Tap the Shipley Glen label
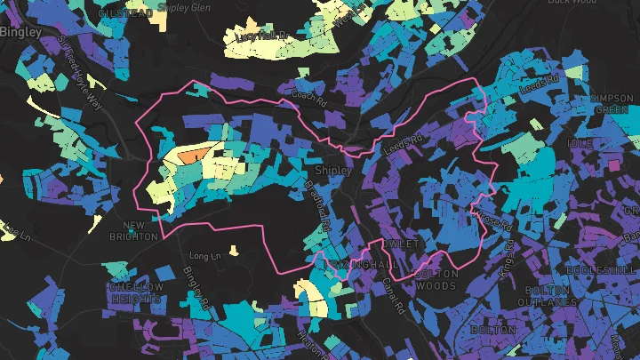click(x=185, y=6)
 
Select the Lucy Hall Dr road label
click(x=262, y=36)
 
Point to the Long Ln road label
click(x=204, y=256)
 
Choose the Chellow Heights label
click(x=136, y=292)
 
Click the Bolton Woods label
click(x=436, y=280)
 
